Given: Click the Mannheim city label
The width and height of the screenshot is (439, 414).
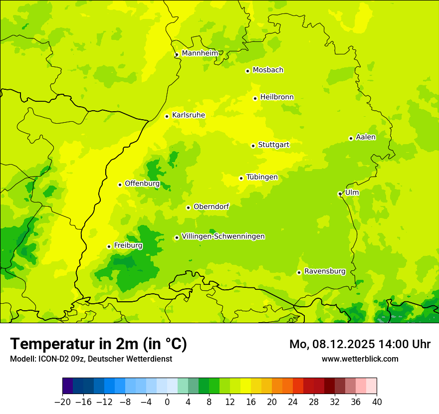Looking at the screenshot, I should (200, 53).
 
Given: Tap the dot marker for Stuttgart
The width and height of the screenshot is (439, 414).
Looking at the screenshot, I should (253, 146).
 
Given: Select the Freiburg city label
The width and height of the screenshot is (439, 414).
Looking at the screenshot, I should (128, 245).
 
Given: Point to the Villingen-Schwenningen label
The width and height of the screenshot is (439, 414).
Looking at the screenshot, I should (223, 236).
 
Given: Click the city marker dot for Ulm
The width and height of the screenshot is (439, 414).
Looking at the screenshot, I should (340, 194).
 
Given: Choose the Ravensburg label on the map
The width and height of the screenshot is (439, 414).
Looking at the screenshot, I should (324, 271).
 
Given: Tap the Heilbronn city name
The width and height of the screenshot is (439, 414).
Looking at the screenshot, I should (277, 97).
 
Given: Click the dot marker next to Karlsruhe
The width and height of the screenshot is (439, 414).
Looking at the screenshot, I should (167, 116).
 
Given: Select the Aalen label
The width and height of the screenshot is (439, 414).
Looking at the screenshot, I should (366, 137).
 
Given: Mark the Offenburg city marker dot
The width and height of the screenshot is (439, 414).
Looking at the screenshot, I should (120, 185).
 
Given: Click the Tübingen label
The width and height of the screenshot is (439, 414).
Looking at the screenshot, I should (262, 177).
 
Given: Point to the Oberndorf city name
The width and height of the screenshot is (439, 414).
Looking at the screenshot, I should (211, 207).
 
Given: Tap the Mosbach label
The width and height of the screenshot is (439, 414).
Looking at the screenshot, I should (268, 70).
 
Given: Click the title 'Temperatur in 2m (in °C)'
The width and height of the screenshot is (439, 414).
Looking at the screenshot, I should (98, 344).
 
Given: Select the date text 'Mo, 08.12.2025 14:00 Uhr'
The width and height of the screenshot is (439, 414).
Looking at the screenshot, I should (360, 344).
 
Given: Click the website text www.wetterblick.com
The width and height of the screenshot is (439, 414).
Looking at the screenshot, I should (360, 359).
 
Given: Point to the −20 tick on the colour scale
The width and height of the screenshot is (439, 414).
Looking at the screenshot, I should (62, 402).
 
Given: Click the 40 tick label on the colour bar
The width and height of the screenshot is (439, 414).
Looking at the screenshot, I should (377, 402).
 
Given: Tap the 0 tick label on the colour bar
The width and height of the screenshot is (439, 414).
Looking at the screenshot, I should (167, 402).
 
